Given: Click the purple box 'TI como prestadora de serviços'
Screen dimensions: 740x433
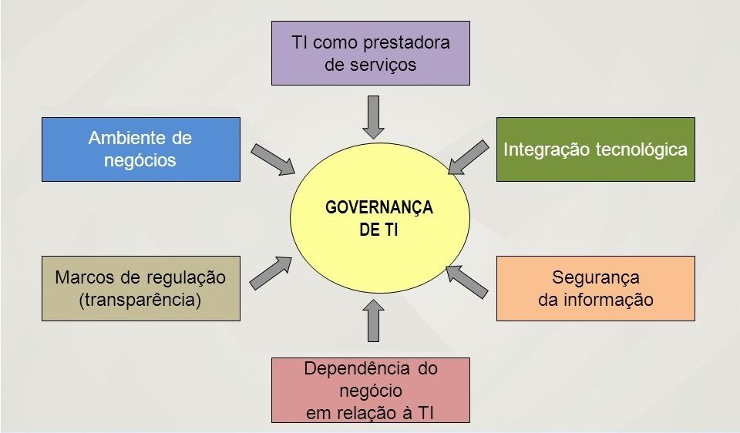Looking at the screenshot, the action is [x=371, y=52].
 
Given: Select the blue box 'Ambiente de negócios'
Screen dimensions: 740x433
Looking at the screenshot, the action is [x=140, y=149].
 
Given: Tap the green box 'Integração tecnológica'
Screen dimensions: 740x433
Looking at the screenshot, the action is [x=595, y=149].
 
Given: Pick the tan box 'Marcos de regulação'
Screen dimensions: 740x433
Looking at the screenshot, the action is [x=140, y=288].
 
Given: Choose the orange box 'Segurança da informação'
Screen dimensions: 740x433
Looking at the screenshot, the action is [x=595, y=288].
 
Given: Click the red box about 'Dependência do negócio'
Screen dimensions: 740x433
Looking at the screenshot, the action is [x=371, y=390].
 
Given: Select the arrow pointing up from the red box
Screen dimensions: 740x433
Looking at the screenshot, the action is [x=374, y=320].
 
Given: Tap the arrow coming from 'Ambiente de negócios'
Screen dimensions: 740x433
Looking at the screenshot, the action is [x=273, y=158].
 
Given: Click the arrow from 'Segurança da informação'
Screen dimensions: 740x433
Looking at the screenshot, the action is [x=467, y=281].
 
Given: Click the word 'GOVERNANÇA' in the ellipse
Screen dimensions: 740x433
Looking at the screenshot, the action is [x=379, y=208].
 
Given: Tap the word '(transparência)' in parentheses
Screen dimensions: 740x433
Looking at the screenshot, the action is [x=140, y=300].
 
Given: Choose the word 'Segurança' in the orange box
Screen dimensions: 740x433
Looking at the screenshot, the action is [x=596, y=277].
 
